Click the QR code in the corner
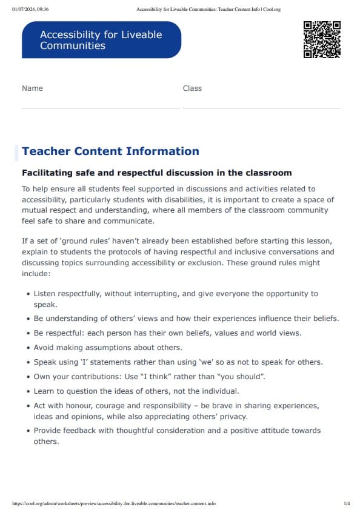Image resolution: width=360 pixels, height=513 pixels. (x=321, y=39)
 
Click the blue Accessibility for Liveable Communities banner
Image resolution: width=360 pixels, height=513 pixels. (x=101, y=40)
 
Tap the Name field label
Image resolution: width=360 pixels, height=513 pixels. (x=32, y=88)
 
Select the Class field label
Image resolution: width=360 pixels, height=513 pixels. (x=192, y=88)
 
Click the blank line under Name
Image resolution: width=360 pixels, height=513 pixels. (x=101, y=107)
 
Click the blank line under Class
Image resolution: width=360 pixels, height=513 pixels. (x=261, y=107)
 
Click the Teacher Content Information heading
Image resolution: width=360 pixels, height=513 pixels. (x=110, y=151)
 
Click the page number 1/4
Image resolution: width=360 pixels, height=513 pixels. (x=347, y=503)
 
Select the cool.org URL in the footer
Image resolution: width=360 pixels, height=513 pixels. (x=114, y=503)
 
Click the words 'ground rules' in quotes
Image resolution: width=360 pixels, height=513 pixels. (x=78, y=241)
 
